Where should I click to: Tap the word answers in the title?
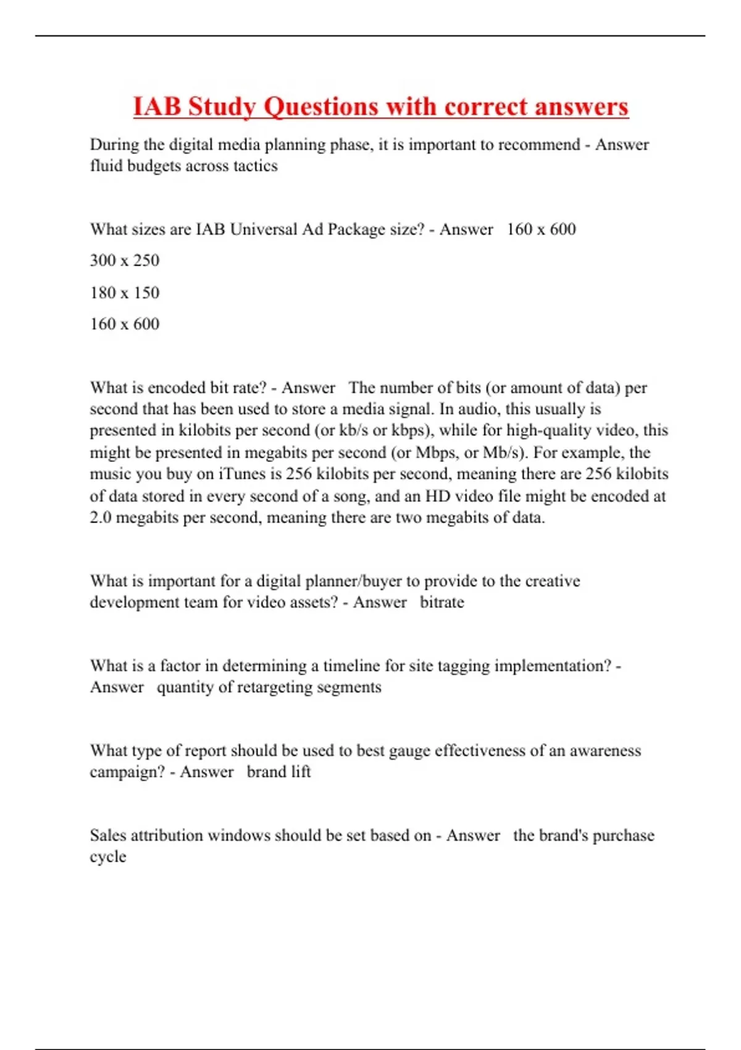(x=581, y=107)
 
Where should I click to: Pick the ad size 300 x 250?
(x=125, y=260)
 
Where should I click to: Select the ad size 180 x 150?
(x=125, y=292)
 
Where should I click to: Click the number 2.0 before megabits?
(x=101, y=518)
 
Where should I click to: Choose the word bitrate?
(x=442, y=602)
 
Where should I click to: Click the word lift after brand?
(x=301, y=771)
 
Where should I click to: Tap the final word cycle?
(x=107, y=857)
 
